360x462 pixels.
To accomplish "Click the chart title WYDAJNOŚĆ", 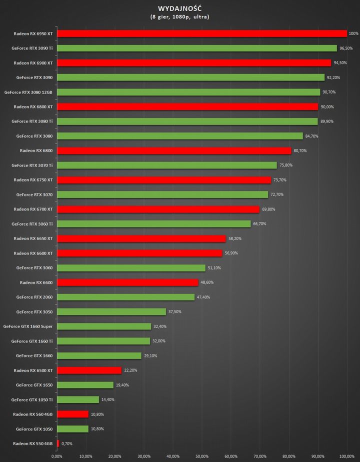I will [179, 8].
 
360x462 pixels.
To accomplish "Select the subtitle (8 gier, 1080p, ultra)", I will [179, 17].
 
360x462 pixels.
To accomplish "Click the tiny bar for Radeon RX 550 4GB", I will [58, 443].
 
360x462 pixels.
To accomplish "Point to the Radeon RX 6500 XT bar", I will [89, 370].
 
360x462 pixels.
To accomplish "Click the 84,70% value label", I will [311, 136].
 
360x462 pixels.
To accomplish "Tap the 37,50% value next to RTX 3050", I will [175, 312].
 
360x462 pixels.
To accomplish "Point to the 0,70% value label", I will [66, 443].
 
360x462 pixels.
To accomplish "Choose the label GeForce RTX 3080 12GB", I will [28, 92].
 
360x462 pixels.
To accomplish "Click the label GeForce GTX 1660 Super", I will [28, 326].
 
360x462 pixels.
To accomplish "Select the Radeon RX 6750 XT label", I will [33, 180].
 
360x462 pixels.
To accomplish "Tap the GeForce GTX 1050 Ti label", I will [32, 399].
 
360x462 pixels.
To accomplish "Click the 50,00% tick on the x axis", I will [201, 456].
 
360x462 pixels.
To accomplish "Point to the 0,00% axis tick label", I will [57, 456].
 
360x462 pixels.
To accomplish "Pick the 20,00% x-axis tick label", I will [114, 456].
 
